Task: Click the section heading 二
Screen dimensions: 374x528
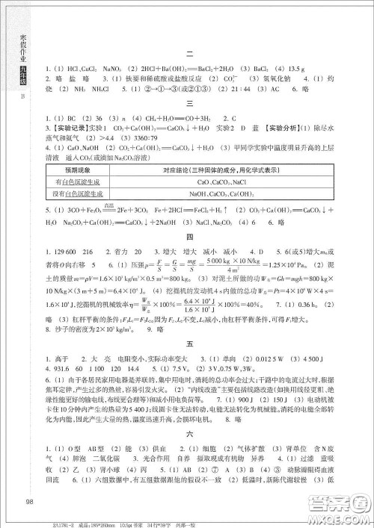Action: (190, 54)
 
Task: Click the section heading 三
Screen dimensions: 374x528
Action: (190, 103)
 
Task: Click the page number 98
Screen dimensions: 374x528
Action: (30, 501)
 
